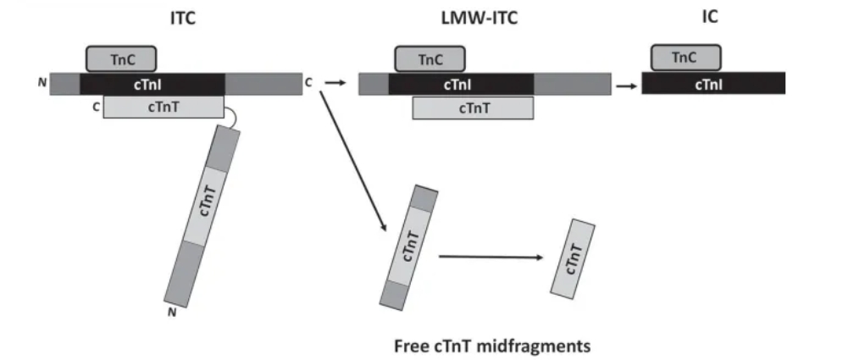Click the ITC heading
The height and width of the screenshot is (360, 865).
[183, 19]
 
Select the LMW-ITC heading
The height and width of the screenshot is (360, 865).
[480, 18]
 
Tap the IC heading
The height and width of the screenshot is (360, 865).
[710, 17]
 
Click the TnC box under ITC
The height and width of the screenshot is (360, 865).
[121, 59]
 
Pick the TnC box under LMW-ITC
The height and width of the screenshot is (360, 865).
[430, 59]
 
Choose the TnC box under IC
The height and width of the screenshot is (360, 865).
[685, 58]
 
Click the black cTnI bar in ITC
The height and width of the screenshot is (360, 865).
[152, 84]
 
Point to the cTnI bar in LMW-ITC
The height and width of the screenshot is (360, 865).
[461, 84]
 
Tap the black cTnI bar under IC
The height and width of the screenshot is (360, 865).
[713, 83]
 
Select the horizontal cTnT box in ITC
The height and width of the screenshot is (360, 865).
[164, 107]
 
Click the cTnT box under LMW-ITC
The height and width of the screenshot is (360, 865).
[473, 108]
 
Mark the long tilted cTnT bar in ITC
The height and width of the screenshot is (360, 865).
[202, 215]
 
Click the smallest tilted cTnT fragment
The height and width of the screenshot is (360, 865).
[573, 259]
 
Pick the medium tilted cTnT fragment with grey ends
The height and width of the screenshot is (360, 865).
[409, 247]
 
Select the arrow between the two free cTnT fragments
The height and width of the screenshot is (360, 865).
[491, 257]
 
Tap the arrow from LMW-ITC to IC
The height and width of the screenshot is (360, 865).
[626, 86]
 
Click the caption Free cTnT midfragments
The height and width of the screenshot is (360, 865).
[492, 346]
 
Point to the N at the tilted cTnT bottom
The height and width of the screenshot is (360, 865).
[172, 313]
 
